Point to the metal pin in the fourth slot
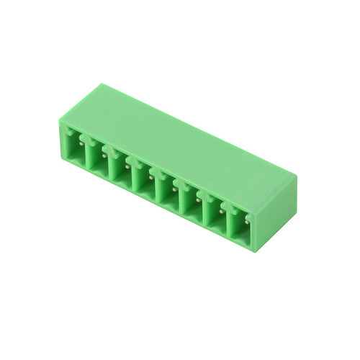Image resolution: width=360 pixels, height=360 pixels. [150, 174]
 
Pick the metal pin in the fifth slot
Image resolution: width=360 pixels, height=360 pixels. [174, 185]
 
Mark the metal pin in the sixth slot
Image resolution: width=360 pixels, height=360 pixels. [198, 197]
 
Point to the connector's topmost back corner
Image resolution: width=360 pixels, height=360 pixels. [103, 85]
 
